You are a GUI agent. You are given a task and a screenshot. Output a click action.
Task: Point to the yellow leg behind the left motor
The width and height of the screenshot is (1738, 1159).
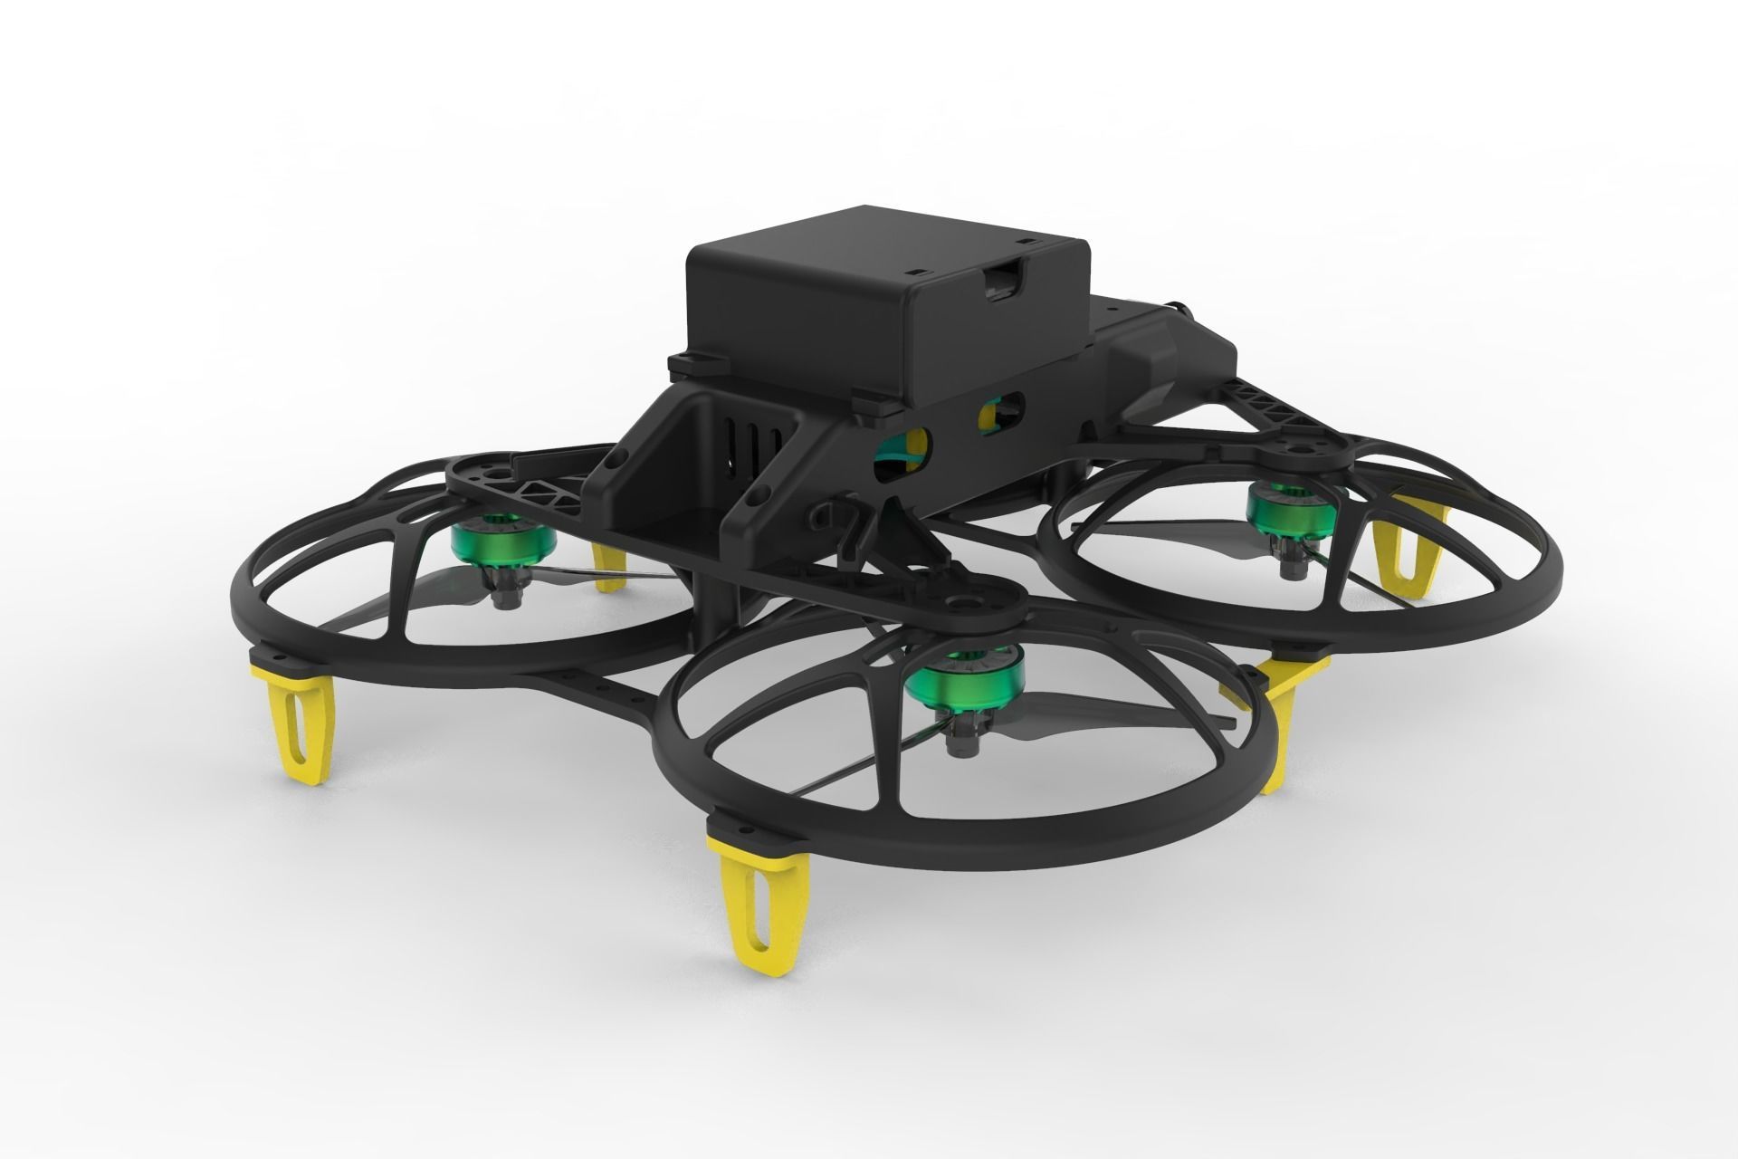click(608, 567)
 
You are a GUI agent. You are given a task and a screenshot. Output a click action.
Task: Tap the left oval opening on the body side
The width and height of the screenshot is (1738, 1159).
click(902, 449)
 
